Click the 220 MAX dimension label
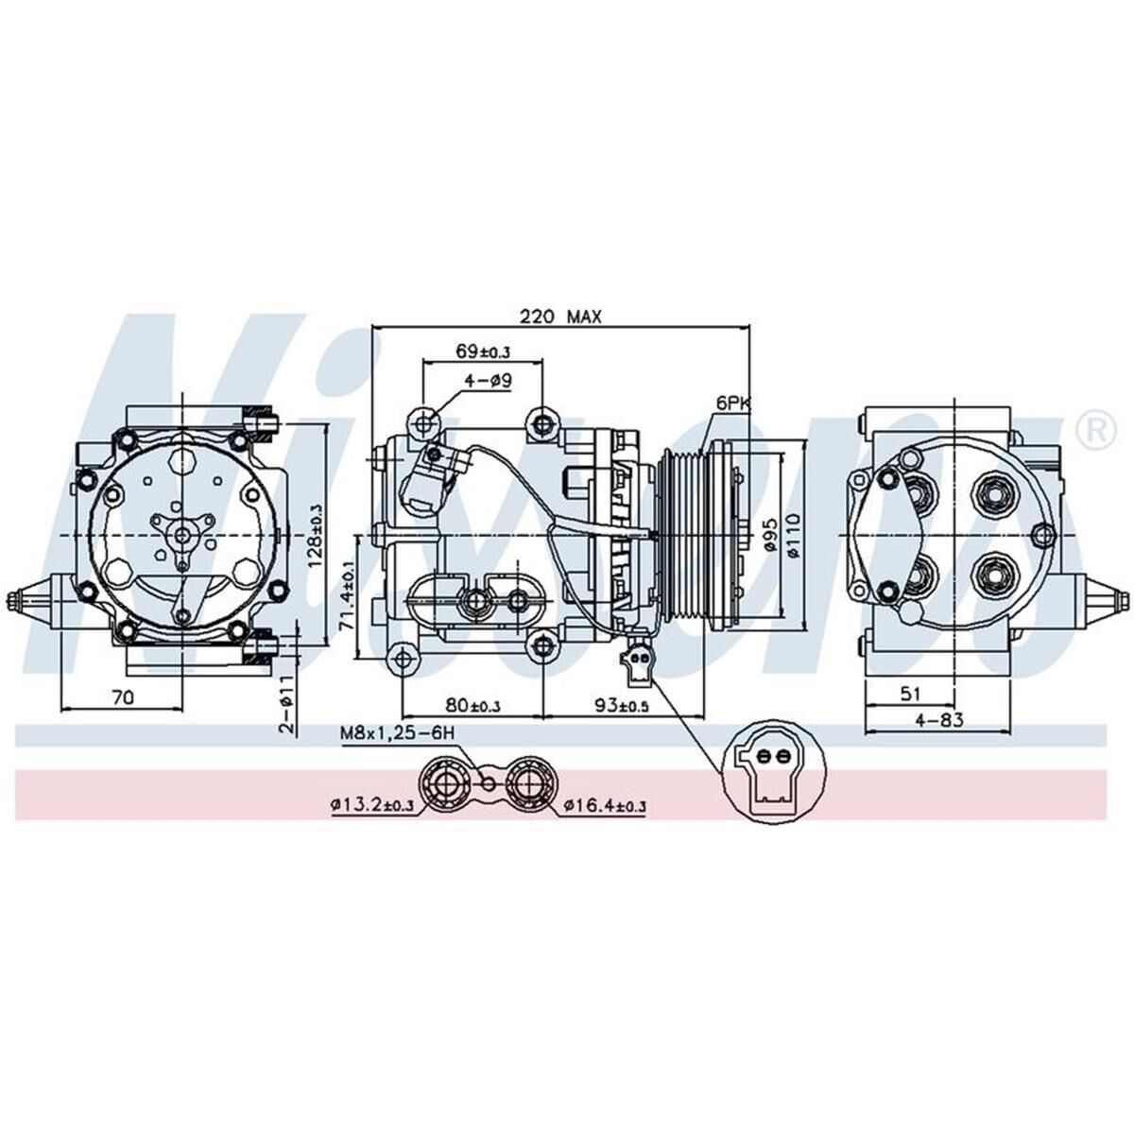coord(560,317)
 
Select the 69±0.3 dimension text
coord(482,352)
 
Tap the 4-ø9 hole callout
coord(488,381)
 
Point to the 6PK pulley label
coord(732,404)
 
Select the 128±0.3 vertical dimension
coord(316,534)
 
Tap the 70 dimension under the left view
coord(121,697)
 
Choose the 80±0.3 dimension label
coord(472,705)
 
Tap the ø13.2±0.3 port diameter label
coord(371,805)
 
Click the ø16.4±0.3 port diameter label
coord(605,805)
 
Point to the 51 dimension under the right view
coord(909,694)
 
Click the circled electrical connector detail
coord(766,774)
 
